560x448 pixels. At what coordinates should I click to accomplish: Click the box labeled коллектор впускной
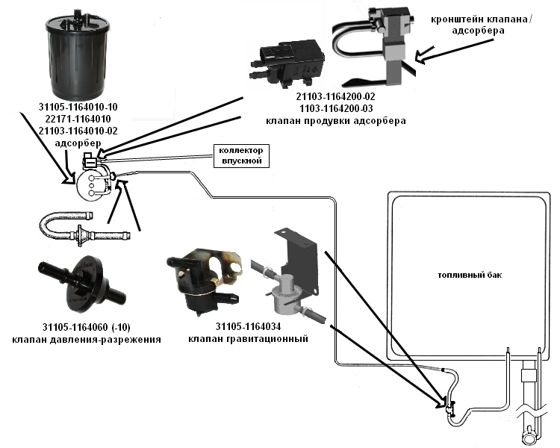(x=237, y=155)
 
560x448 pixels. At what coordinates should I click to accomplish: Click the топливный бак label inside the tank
(x=470, y=275)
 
